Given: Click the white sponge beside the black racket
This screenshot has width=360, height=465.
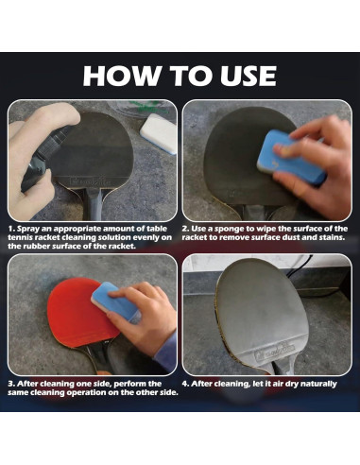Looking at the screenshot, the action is [158, 133].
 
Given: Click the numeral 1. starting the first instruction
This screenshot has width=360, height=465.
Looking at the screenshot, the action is [11, 229].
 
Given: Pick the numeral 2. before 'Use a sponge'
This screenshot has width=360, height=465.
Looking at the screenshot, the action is [185, 229].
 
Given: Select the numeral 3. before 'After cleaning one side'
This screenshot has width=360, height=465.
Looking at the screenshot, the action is [11, 384].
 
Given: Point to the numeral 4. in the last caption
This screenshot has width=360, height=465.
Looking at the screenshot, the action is [185, 384].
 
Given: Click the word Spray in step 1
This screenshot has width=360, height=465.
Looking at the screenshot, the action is [27, 229].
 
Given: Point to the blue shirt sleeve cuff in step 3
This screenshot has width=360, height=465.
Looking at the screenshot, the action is [166, 350].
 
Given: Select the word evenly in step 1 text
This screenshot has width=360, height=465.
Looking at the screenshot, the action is [150, 238].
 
